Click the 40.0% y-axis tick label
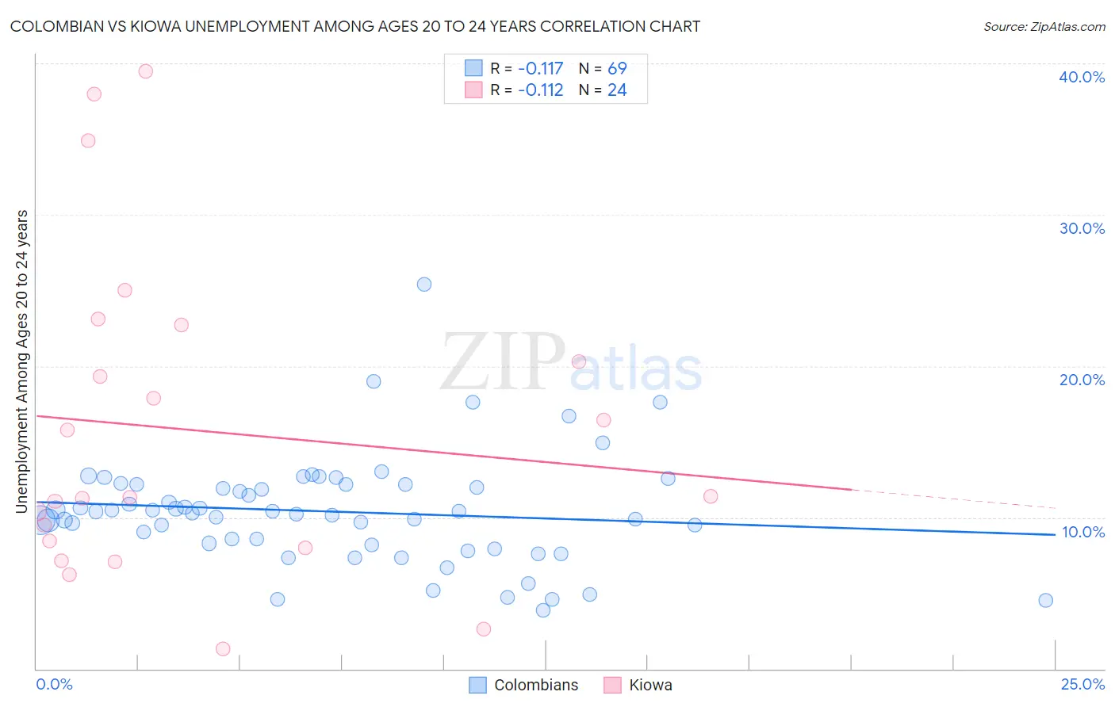1082,77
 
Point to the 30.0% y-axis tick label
1082,228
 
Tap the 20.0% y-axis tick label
1082,380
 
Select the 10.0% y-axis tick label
1082,532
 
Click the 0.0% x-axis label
54,684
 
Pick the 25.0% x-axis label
1082,684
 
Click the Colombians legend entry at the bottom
535,685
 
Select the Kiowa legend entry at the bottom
649,685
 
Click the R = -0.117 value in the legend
527,68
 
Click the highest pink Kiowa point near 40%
145,71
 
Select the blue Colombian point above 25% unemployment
424,285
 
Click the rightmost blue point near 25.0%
1045,600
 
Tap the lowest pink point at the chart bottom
223,649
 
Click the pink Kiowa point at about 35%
88,141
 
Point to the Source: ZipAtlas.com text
1044,27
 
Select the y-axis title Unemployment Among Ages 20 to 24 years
22,361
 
